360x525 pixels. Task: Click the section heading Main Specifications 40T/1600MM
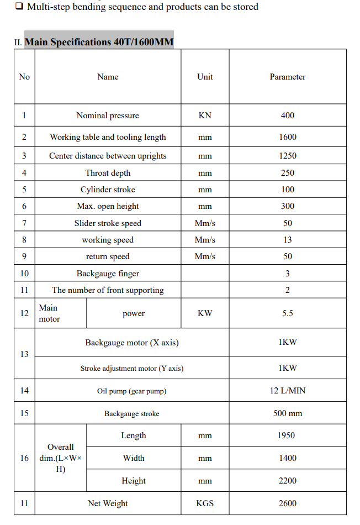pyautogui.click(x=99, y=42)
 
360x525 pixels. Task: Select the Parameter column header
pyautogui.click(x=287, y=77)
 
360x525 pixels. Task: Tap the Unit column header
pyautogui.click(x=205, y=77)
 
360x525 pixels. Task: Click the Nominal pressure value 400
pyautogui.click(x=287, y=116)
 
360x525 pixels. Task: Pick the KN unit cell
pyautogui.click(x=205, y=116)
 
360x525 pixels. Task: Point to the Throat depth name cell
pyautogui.click(x=108, y=173)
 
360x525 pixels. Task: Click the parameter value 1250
pyautogui.click(x=287, y=156)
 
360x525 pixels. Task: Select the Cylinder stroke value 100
pyautogui.click(x=287, y=190)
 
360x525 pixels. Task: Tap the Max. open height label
pyautogui.click(x=108, y=206)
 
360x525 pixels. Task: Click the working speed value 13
pyautogui.click(x=287, y=240)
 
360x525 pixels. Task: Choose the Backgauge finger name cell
pyautogui.click(x=108, y=274)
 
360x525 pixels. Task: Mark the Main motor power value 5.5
pyautogui.click(x=287, y=313)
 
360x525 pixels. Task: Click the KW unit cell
pyautogui.click(x=205, y=313)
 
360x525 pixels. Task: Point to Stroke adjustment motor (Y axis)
pyautogui.click(x=132, y=368)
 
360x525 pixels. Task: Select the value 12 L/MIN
pyautogui.click(x=287, y=391)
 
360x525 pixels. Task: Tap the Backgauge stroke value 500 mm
pyautogui.click(x=287, y=413)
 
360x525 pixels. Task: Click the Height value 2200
pyautogui.click(x=287, y=481)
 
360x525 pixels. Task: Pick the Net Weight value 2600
pyautogui.click(x=287, y=503)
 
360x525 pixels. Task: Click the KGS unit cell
pyautogui.click(x=205, y=503)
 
